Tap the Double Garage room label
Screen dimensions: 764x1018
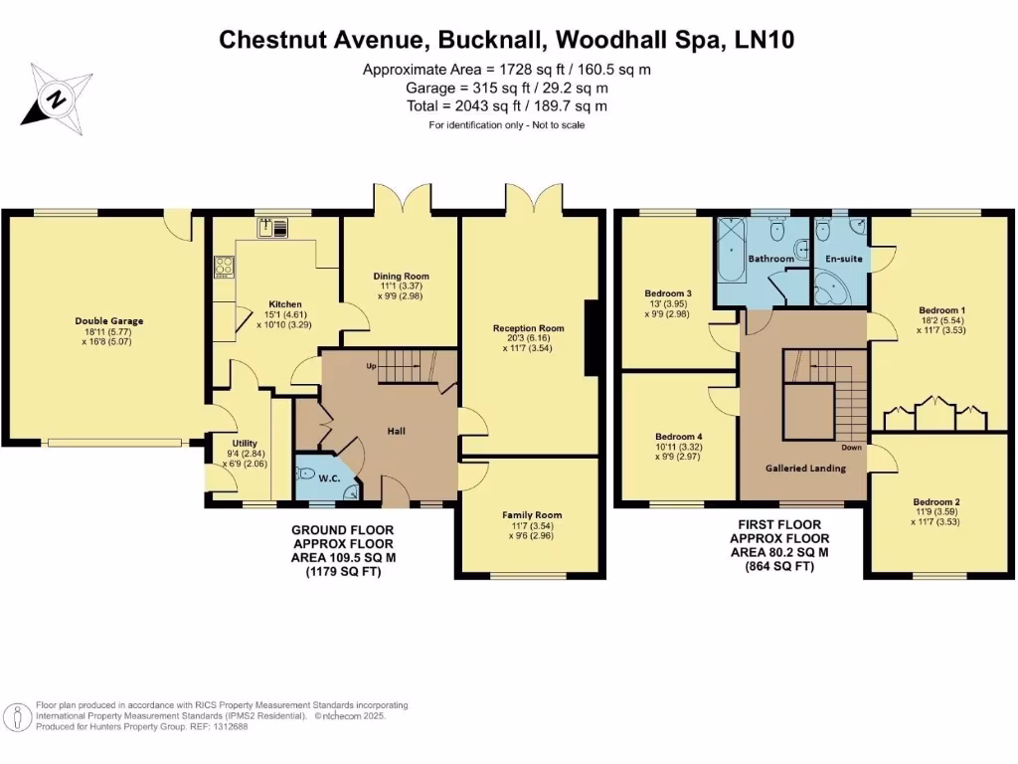click(109, 321)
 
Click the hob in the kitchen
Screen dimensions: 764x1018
click(224, 267)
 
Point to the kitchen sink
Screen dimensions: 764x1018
click(273, 228)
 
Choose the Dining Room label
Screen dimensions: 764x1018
click(401, 276)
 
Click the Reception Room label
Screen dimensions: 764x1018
click(528, 328)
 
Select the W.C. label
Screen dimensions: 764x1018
click(329, 478)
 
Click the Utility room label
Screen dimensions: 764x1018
click(245, 444)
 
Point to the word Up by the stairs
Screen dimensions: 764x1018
click(371, 366)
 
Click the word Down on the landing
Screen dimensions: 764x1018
click(851, 447)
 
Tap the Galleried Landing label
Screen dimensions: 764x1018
click(804, 468)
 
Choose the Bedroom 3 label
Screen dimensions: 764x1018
click(667, 293)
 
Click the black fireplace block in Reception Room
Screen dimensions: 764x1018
click(591, 337)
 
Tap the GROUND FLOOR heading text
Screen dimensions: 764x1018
click(342, 530)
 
